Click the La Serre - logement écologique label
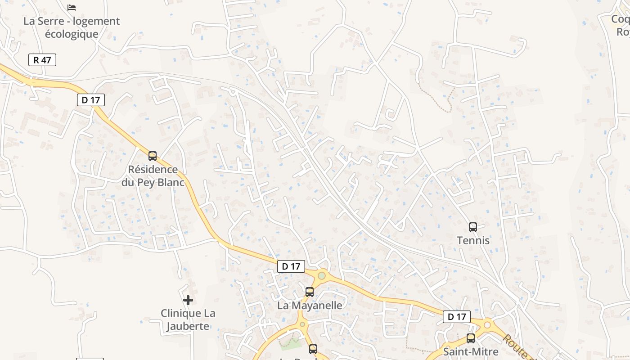(72, 27)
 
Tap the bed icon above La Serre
(72, 7)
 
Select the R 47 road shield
(42, 60)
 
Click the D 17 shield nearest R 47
(91, 100)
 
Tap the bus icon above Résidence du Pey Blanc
(153, 156)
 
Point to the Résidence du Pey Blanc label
(153, 176)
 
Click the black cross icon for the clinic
(188, 300)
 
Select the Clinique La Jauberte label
(188, 319)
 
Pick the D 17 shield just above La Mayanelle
(291, 266)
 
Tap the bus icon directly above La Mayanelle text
(310, 292)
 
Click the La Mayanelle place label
(310, 306)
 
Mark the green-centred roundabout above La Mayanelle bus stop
(321, 275)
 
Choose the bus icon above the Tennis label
(473, 227)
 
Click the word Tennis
(473, 241)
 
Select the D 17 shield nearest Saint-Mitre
(457, 317)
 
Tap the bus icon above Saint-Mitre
(471, 338)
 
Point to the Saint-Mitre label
(471, 351)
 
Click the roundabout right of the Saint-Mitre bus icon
(487, 324)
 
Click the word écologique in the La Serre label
(72, 34)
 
